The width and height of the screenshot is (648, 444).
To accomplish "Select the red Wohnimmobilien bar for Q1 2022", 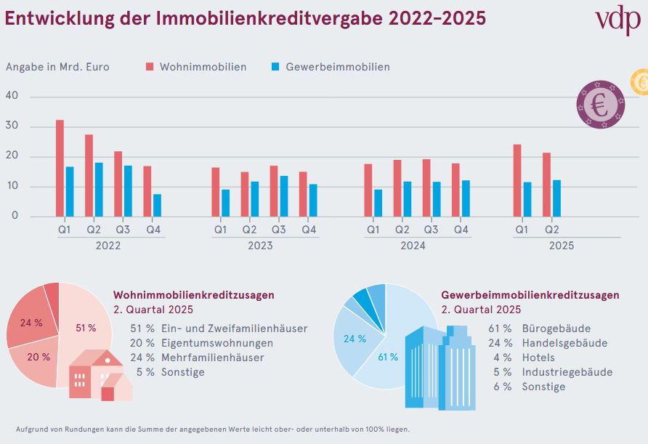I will coord(60,168).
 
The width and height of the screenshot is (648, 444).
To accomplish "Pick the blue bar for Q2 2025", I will coord(556,198).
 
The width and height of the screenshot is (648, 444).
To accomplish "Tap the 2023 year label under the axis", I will coord(260,246).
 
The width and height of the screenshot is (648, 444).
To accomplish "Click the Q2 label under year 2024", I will coord(402,230).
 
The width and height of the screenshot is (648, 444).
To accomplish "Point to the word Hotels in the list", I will coord(538,358).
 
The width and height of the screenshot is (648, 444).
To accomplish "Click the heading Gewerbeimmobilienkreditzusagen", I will coord(530,295).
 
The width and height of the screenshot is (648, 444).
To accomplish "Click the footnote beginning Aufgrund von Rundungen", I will coord(212,429).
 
